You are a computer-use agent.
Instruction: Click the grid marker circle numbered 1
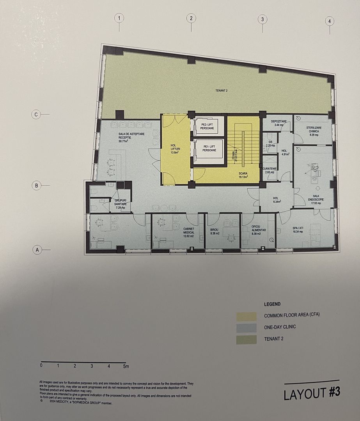tap(119, 18)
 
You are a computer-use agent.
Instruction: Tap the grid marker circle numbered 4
tap(330, 21)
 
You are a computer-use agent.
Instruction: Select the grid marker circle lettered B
tap(36, 186)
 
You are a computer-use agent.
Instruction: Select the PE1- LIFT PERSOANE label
tap(210, 149)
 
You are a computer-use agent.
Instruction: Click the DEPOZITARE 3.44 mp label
tap(280, 123)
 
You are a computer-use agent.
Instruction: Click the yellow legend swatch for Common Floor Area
tap(247, 316)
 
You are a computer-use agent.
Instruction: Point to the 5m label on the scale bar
tap(126, 366)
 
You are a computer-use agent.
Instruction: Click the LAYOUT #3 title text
tap(312, 393)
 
